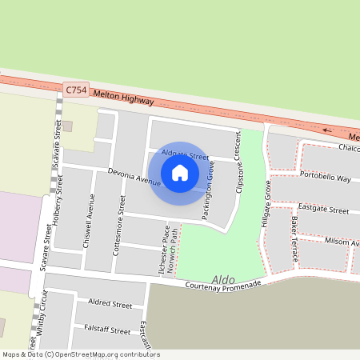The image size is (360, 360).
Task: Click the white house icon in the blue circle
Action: pos(180,173)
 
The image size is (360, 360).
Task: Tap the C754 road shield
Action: pos(76,90)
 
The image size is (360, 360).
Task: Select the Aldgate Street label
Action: pos(185,154)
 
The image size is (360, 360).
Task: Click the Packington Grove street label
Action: pos(208,200)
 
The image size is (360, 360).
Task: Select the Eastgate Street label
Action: pos(323,209)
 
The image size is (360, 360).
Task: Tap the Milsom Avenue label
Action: pos(337,241)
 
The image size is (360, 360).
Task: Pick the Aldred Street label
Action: pos(110,305)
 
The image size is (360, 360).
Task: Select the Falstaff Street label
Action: pos(107,330)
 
